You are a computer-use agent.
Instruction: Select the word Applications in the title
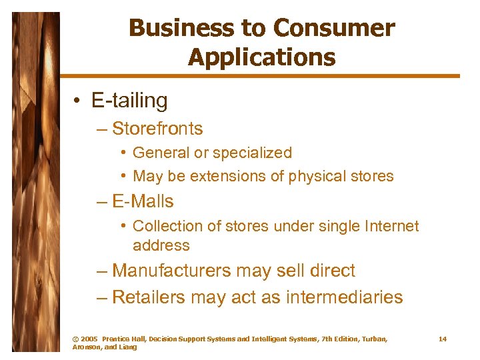click(x=261, y=57)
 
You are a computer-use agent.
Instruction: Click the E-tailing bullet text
click(x=129, y=101)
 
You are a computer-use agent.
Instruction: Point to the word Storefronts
click(x=157, y=128)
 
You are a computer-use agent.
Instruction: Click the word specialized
click(x=252, y=153)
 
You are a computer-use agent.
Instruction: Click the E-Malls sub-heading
click(x=143, y=201)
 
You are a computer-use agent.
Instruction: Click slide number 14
click(x=442, y=339)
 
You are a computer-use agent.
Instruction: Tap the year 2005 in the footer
click(x=89, y=339)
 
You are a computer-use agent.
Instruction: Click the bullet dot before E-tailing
click(x=78, y=101)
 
